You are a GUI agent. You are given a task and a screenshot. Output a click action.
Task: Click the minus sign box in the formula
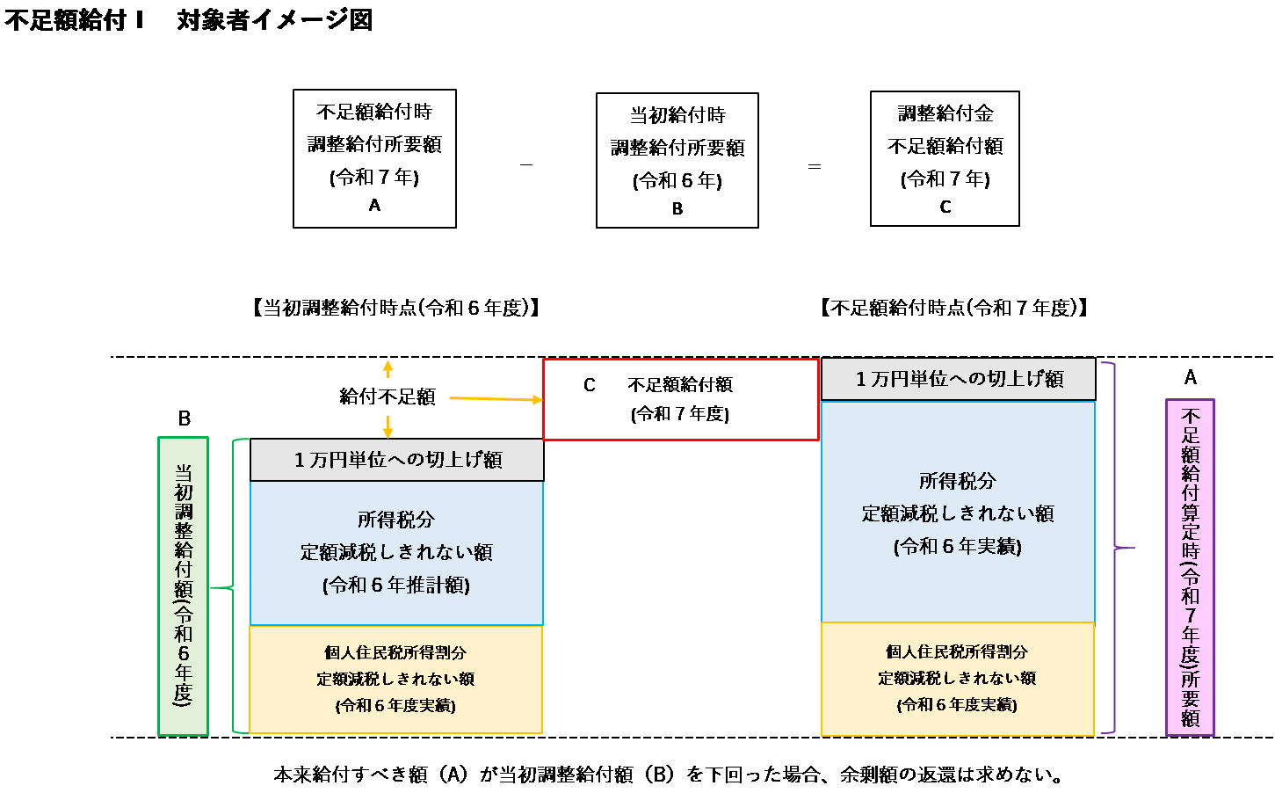[525, 160]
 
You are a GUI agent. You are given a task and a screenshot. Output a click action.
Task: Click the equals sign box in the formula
[814, 165]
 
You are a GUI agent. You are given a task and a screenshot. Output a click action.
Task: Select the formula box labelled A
[374, 158]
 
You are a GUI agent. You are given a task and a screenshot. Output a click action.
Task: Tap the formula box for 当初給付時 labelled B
[677, 161]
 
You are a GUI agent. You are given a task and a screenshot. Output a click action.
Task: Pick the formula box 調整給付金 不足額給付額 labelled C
[945, 158]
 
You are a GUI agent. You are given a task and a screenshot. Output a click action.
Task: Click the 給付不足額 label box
[388, 396]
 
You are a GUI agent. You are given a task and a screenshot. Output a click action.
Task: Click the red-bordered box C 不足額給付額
[681, 399]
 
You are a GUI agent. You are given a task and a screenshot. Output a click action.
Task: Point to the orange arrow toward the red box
[496, 399]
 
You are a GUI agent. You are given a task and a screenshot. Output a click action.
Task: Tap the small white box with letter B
[184, 418]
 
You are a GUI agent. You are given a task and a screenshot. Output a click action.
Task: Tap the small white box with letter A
[1190, 377]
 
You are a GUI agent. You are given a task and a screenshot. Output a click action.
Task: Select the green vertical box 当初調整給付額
[183, 586]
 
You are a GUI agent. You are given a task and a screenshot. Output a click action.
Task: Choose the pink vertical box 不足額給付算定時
[1190, 567]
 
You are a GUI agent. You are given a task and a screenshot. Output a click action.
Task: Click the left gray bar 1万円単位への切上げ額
[396, 460]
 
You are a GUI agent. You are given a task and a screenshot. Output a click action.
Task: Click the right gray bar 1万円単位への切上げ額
[958, 379]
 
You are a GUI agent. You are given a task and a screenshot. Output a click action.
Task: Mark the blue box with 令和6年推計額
[396, 553]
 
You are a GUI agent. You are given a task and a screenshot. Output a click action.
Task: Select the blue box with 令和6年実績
[958, 513]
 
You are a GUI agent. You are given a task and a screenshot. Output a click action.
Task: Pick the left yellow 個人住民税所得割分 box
[395, 679]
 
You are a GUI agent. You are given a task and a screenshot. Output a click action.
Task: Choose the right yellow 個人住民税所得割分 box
[957, 678]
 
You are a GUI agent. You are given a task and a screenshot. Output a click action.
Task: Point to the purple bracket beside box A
[1115, 548]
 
